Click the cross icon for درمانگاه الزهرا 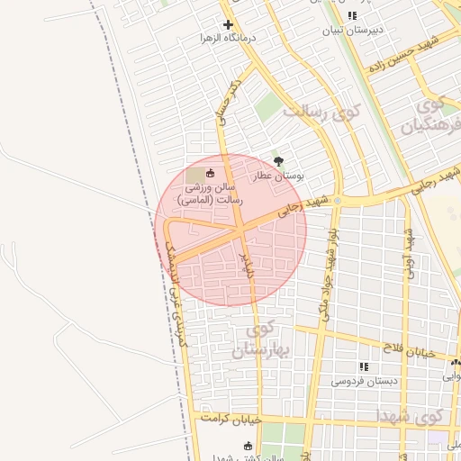click(228, 25)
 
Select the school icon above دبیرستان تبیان click(354, 15)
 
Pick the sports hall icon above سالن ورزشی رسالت click(211, 173)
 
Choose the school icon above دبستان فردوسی click(364, 366)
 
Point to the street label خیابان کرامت click(230, 419)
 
